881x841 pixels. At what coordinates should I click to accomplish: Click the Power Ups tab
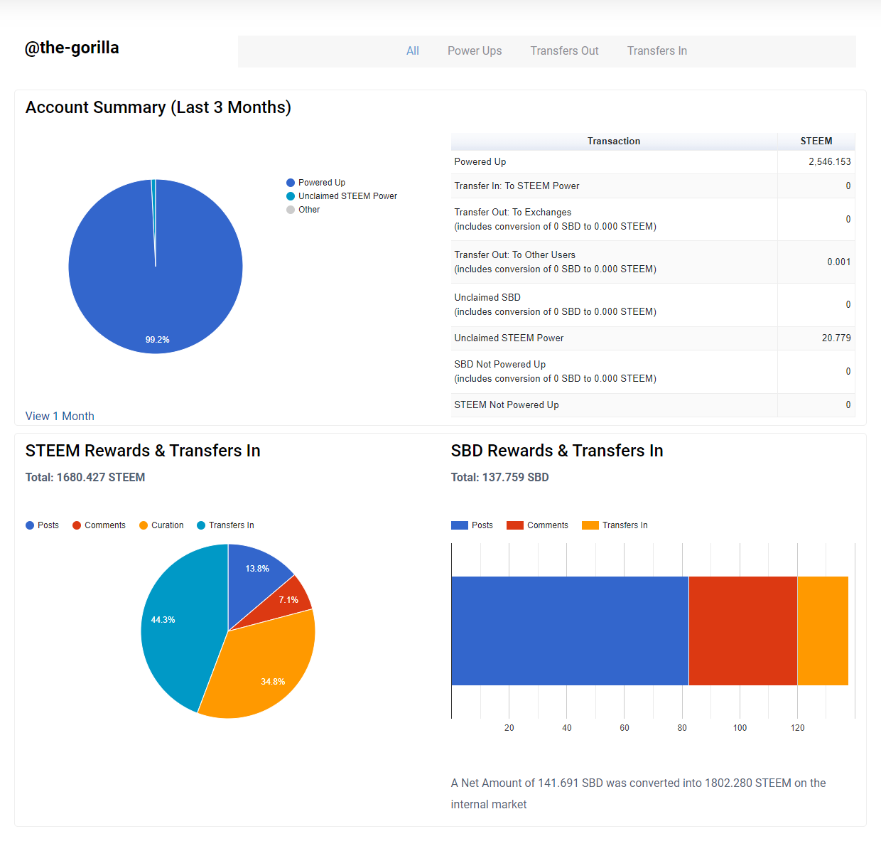coord(475,51)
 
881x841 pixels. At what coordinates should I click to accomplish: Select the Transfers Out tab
coord(564,51)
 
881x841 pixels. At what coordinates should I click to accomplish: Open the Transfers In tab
coord(656,51)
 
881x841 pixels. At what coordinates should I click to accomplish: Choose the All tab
coord(413,51)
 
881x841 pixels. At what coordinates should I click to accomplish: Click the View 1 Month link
coord(60,416)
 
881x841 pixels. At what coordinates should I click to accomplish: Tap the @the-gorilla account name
coord(72,48)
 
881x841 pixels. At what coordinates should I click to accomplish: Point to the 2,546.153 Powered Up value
coord(829,162)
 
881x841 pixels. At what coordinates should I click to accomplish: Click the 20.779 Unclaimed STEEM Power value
coord(836,338)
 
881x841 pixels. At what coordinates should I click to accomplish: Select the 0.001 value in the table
coord(838,262)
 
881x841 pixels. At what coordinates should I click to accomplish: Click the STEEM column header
coord(816,141)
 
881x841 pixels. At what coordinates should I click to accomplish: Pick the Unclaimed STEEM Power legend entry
coord(347,196)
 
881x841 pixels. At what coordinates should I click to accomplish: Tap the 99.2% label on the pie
coord(157,340)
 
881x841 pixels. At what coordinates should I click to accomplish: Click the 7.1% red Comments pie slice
coord(289,599)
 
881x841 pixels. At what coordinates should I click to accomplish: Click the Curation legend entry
coord(167,525)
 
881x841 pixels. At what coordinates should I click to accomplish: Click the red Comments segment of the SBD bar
coord(742,631)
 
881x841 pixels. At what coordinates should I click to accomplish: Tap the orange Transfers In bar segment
coord(823,631)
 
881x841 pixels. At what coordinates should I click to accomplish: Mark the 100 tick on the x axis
coord(740,728)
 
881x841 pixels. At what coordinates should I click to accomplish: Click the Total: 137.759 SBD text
coord(499,478)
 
